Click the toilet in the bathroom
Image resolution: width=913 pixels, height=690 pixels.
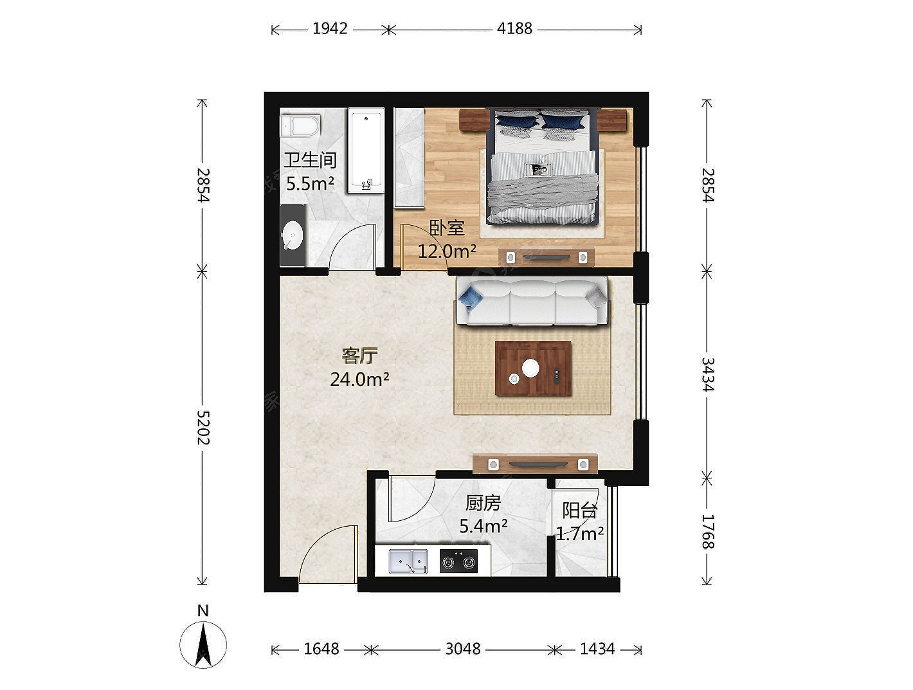coord(301,125)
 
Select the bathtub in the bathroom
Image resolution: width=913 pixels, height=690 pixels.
coord(366,150)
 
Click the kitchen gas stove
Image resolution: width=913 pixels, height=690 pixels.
coord(458,561)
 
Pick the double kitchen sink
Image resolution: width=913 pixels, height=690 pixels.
coord(408,561)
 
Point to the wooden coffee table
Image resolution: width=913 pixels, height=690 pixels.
coord(533,368)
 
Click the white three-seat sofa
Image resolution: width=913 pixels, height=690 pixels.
coord(532,301)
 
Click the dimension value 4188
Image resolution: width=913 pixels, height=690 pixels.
coord(514,28)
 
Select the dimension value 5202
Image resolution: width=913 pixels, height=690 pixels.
coord(203,428)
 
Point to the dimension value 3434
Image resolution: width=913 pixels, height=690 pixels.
coord(707,374)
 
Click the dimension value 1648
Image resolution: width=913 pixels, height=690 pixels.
coord(321,649)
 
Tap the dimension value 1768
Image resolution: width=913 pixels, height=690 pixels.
coord(707,532)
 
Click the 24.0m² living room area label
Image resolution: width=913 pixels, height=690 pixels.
coord(359,379)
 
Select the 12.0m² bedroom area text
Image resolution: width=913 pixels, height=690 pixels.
coord(447,251)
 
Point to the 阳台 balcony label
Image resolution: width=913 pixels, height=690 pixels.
coord(580,511)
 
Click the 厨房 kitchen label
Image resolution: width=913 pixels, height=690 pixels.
coord(483,504)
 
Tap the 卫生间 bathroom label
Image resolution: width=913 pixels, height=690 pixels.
coord(310,160)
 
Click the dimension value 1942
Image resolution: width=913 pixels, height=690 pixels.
coord(330,28)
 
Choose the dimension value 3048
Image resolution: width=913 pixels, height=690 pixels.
coord(462,649)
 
